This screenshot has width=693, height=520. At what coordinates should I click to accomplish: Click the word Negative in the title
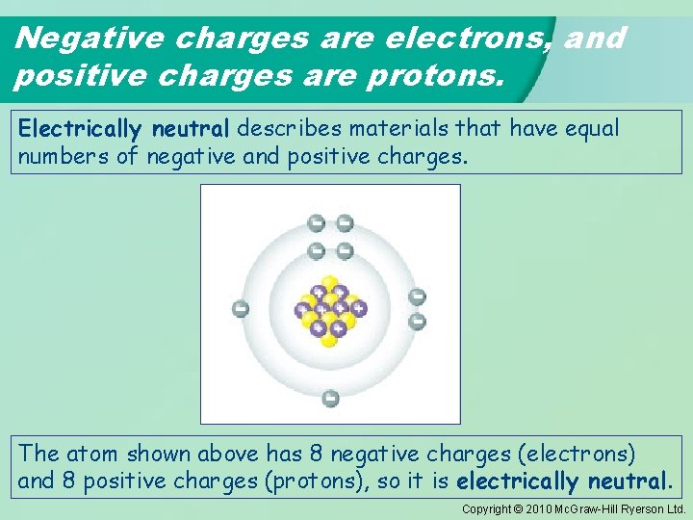click(x=75, y=39)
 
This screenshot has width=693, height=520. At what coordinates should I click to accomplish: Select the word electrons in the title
click(x=467, y=39)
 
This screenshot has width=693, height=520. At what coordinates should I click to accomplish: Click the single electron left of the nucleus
click(x=241, y=309)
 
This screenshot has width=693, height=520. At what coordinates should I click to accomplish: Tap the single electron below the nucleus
click(x=330, y=398)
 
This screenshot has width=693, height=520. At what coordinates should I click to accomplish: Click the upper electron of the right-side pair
click(x=418, y=297)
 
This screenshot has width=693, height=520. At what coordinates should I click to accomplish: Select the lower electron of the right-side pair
click(x=418, y=322)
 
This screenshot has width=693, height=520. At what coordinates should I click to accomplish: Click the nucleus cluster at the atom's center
click(x=330, y=309)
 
